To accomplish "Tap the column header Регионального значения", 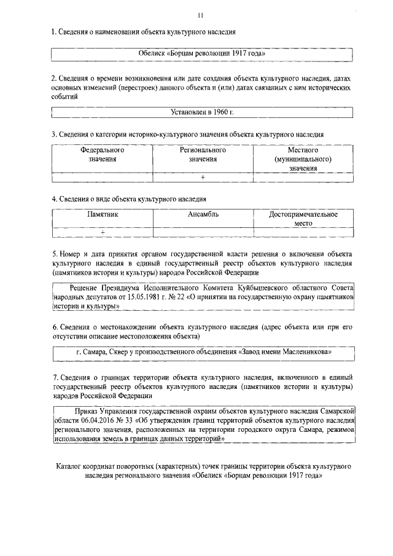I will click(x=203, y=154).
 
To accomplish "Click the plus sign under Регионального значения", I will click(x=203, y=178).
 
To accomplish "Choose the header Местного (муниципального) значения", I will click(x=303, y=159).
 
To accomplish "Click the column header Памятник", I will click(x=103, y=214).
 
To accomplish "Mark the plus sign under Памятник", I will click(x=103, y=232).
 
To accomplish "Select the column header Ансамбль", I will click(x=203, y=214).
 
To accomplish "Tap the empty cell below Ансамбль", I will click(x=203, y=232).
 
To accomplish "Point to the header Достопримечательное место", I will click(x=303, y=219).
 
